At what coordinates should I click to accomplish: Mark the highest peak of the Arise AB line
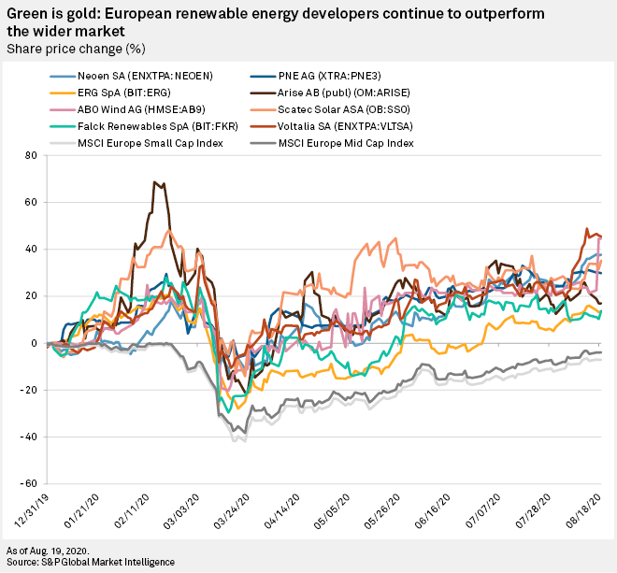tap(155, 182)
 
